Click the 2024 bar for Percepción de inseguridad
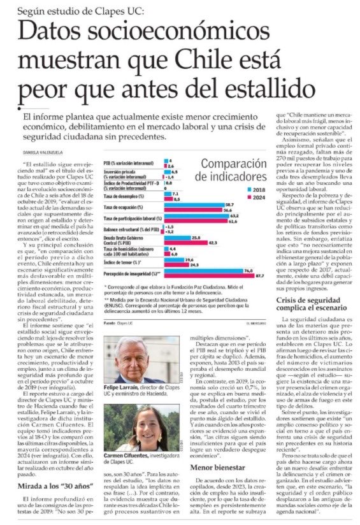click(x=207, y=277)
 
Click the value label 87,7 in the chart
click(x=259, y=277)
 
